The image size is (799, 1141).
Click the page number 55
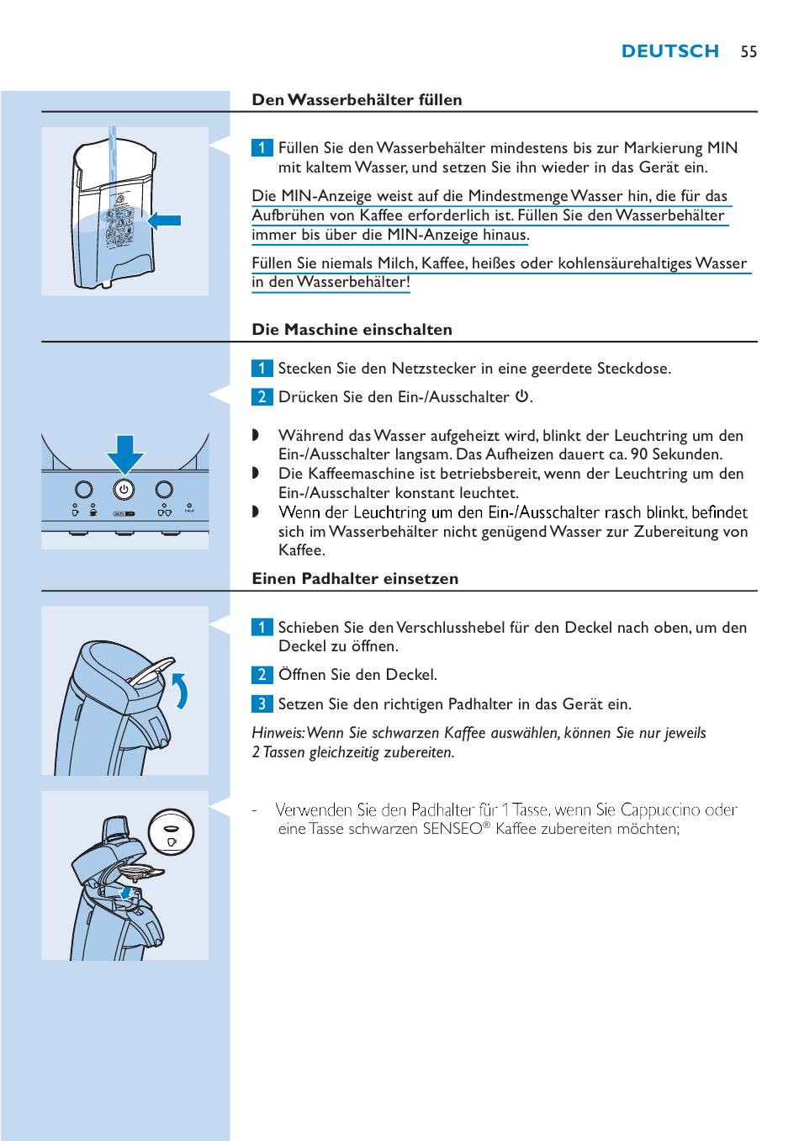coord(749,52)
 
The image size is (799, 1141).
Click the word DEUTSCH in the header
coord(669,52)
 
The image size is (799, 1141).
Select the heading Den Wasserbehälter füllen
coord(357,100)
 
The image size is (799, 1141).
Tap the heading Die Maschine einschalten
coord(352,330)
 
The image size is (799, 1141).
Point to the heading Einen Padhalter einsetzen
coord(355,579)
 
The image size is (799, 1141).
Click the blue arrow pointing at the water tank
coord(165,220)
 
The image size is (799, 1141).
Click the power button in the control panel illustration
coord(124,489)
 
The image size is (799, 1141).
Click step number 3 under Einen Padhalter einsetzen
coord(262,703)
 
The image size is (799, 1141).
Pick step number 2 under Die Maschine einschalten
coord(262,397)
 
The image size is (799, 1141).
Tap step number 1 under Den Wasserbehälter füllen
coord(262,148)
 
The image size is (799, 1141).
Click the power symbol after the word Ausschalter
coord(521,396)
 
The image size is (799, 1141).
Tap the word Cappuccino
coord(660,810)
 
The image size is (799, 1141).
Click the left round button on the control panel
coord(83,489)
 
